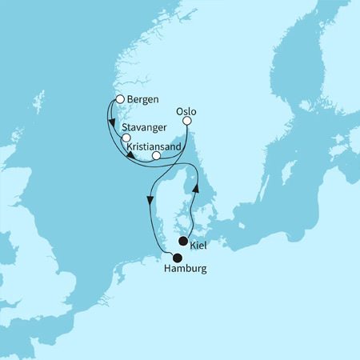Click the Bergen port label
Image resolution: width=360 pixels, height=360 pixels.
144,101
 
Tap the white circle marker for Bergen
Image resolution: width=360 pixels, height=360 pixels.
120,99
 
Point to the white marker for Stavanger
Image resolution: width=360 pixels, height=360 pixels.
126,138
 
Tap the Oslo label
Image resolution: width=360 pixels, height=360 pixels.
185,113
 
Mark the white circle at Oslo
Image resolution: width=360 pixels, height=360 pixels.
188,122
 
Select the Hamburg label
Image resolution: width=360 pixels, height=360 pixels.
180,270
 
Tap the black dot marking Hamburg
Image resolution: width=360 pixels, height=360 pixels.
177,257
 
